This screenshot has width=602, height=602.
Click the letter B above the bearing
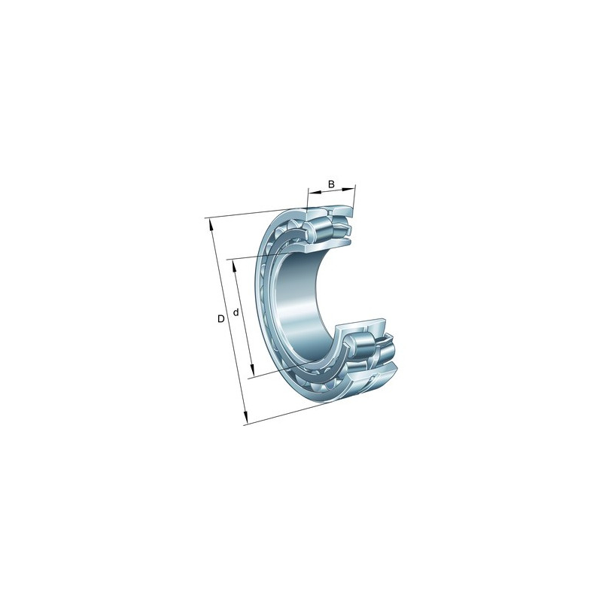click(x=331, y=184)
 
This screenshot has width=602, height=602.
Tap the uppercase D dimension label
click(x=220, y=318)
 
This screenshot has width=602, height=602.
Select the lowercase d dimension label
click(x=236, y=312)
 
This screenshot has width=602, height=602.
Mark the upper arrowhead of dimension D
click(x=211, y=225)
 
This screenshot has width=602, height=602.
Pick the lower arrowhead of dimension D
click(x=246, y=418)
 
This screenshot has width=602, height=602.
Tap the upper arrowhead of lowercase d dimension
click(x=234, y=266)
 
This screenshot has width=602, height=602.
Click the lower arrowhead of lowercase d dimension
click(x=252, y=371)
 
